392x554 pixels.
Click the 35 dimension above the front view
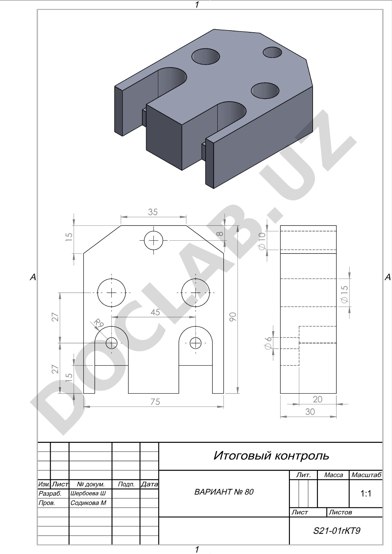153,212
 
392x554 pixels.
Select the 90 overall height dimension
233,317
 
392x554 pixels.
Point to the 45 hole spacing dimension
155,312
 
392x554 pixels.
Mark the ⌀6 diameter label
268,343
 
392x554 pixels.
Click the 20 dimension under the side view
318,399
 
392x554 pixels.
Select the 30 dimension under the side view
310,411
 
